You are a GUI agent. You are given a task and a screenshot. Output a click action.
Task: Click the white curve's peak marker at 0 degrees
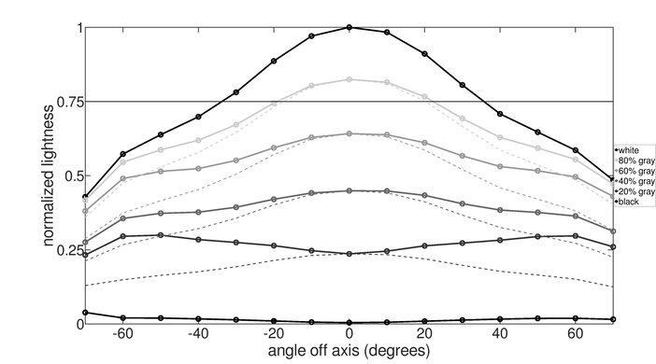tap(349, 27)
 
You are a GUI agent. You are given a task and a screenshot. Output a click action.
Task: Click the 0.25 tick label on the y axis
tap(67, 250)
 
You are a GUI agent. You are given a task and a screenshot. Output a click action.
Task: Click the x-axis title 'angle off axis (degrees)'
tap(349, 352)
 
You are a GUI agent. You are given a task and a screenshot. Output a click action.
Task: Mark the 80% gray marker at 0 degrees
tap(349, 79)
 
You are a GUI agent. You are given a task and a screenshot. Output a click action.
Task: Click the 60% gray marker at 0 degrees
tap(349, 133)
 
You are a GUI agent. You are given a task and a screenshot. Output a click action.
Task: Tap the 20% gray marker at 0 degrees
tap(349, 254)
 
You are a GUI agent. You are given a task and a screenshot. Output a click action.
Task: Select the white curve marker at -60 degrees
tap(123, 154)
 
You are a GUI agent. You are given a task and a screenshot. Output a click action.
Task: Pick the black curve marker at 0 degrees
tap(349, 322)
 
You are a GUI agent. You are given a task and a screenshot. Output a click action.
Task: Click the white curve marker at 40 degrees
tap(501, 114)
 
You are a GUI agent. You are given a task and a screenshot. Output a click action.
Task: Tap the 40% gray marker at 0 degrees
tap(349, 190)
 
